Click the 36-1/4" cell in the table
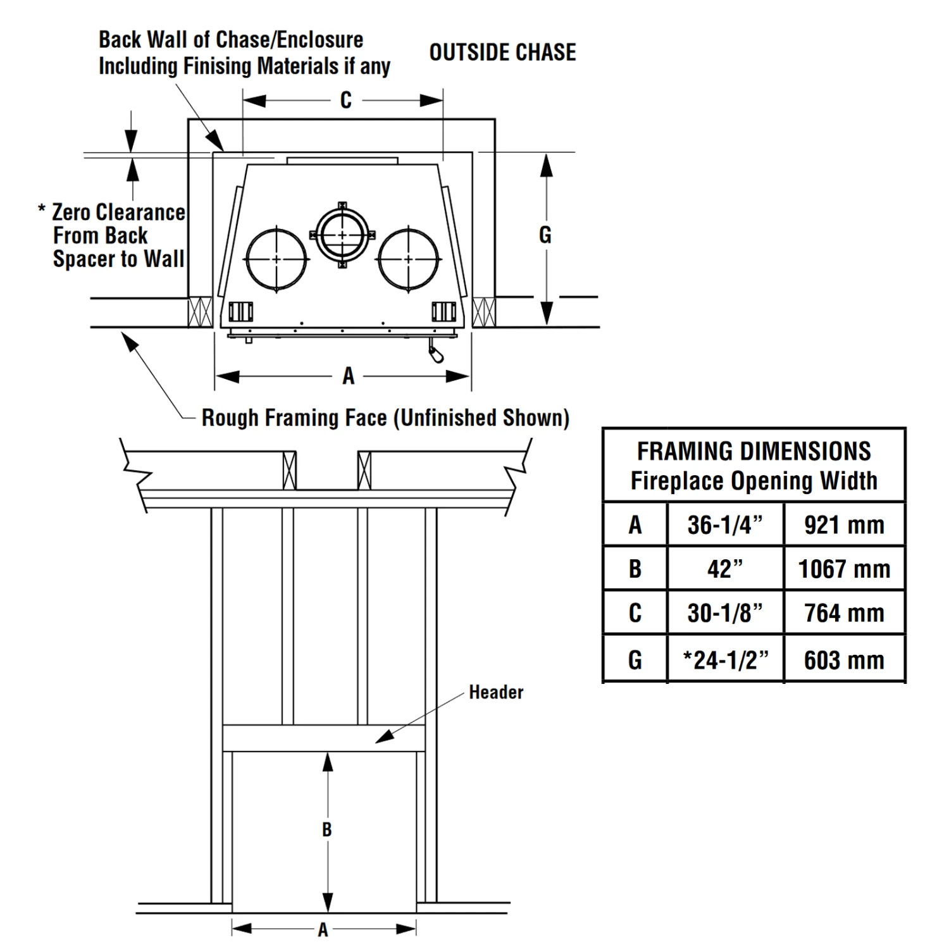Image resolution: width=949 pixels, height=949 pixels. coord(725,525)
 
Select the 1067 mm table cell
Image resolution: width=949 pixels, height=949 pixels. coord(844,569)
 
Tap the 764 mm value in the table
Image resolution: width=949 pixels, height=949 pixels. coord(844,613)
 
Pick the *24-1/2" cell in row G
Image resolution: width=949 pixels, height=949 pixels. coord(725,660)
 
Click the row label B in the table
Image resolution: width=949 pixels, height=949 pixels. coord(635,569)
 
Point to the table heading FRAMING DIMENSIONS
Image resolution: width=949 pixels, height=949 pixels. coord(754,452)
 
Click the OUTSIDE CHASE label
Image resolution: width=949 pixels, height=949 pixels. coord(502,53)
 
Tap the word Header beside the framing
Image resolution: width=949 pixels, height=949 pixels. coord(496,692)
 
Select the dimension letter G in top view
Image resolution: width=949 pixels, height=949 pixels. coord(545,235)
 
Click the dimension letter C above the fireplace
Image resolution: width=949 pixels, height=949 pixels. coord(345,101)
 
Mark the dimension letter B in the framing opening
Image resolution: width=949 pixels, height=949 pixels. coord(326,829)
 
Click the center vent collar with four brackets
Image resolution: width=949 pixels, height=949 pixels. coord(342,235)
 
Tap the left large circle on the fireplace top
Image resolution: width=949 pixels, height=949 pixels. coord(276,259)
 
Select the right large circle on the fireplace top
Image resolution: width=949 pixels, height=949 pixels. coord(408,259)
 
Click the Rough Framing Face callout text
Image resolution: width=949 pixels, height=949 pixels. coord(385,418)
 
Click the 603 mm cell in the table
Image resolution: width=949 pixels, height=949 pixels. coord(844,660)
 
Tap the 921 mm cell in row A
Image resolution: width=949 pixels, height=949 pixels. coord(844,525)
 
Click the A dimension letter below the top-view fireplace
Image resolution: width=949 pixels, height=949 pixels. coord(348,376)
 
